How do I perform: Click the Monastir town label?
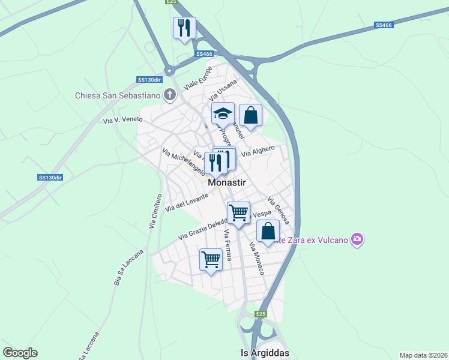[228, 182]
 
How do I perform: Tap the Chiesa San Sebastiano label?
[118, 95]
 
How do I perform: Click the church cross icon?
[170, 94]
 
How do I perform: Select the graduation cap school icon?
[223, 113]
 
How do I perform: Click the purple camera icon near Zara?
[358, 240]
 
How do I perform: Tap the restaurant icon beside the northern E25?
[184, 28]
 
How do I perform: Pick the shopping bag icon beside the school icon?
[250, 115]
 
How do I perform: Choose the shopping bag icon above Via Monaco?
[268, 231]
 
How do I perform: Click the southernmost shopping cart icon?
[211, 260]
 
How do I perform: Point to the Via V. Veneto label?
[122, 119]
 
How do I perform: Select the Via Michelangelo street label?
[184, 162]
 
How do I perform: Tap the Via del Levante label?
[187, 201]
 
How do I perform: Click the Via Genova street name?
[279, 210]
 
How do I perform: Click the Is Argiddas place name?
[265, 353]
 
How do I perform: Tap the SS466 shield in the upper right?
[383, 25]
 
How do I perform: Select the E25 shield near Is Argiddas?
[260, 314]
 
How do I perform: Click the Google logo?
[20, 353]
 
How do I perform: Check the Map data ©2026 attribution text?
[423, 355]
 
